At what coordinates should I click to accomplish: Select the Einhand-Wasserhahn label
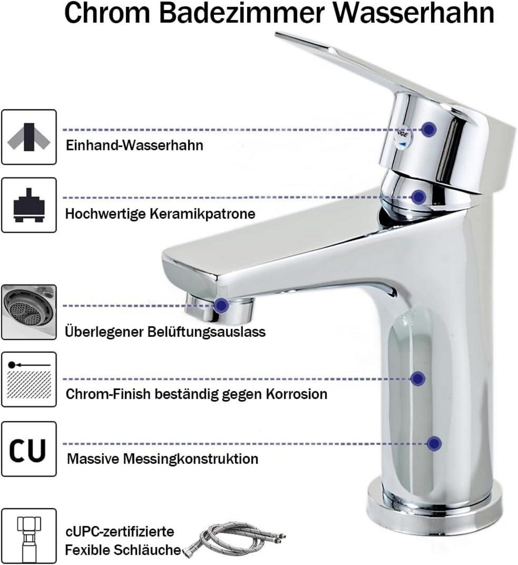point(134,145)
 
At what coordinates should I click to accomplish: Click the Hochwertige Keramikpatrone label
point(160,214)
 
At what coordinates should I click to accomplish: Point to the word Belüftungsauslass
point(206,332)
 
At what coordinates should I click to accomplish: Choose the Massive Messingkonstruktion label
point(162,459)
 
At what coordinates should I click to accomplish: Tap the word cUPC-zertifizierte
point(120,531)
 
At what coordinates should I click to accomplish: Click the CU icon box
point(29,449)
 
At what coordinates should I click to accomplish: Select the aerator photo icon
point(29,312)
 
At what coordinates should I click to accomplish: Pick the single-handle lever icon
point(29,137)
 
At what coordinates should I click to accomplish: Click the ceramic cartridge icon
point(29,205)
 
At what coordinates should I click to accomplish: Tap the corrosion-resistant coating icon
point(29,380)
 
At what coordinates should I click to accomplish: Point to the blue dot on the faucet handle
point(429,129)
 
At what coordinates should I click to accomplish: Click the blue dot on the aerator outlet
point(221,305)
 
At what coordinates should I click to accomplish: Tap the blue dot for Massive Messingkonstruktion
point(434,443)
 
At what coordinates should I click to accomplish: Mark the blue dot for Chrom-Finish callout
point(418,379)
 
